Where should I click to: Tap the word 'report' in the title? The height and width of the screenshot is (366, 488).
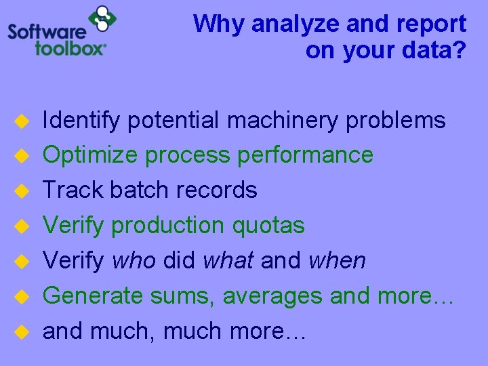click(434, 24)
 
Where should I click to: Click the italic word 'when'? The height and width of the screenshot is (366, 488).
click(337, 260)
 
